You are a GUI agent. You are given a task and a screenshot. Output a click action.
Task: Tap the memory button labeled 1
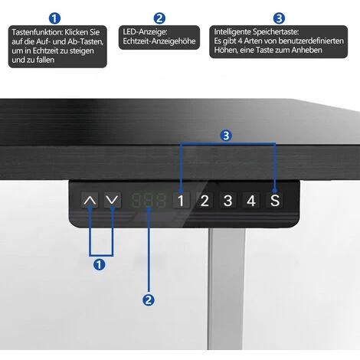[181, 201]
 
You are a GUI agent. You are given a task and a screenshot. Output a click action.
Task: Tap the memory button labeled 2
[205, 201]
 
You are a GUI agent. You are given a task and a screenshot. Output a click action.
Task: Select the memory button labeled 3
[227, 201]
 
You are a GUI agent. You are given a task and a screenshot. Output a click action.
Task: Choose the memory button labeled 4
[251, 201]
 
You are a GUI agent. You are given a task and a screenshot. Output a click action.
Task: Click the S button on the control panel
[275, 201]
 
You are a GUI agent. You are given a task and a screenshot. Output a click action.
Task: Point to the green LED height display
[149, 201]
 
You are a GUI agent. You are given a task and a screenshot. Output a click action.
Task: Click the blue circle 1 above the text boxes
[54, 18]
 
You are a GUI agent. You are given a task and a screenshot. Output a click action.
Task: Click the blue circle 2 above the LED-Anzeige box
[159, 18]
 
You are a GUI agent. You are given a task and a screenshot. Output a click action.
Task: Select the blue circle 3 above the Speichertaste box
[279, 18]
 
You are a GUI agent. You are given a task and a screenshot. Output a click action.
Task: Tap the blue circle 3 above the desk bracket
[226, 136]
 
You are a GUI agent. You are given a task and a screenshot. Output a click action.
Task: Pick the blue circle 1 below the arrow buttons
[100, 264]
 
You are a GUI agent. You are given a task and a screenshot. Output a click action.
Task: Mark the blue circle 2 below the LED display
[149, 299]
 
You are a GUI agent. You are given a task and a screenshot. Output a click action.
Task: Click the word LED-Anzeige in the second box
[145, 32]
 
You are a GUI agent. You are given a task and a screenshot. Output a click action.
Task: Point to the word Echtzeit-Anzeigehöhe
[159, 41]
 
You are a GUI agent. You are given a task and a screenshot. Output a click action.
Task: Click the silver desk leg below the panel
[226, 289]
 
